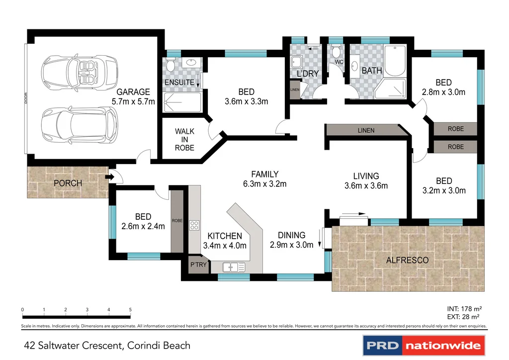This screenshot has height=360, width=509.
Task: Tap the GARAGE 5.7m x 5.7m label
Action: pyautogui.click(x=133, y=96)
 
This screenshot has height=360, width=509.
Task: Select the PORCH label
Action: pyautogui.click(x=68, y=183)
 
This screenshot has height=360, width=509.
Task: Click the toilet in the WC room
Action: pyautogui.click(x=336, y=52)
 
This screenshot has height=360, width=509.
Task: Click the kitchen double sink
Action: pyautogui.click(x=233, y=267)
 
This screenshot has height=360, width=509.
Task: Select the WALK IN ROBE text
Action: pyautogui.click(x=184, y=140)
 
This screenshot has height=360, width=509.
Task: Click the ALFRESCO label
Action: pyautogui.click(x=407, y=260)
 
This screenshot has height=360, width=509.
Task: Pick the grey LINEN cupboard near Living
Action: pyautogui.click(x=365, y=130)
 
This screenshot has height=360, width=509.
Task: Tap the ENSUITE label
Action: pyautogui.click(x=179, y=83)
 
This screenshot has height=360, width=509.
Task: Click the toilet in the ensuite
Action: pyautogui.click(x=170, y=65)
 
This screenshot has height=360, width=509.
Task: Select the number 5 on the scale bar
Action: pyautogui.click(x=130, y=310)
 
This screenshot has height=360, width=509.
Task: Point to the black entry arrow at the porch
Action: pyautogui.click(x=108, y=177)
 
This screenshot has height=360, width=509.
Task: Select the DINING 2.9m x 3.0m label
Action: pyautogui.click(x=291, y=240)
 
